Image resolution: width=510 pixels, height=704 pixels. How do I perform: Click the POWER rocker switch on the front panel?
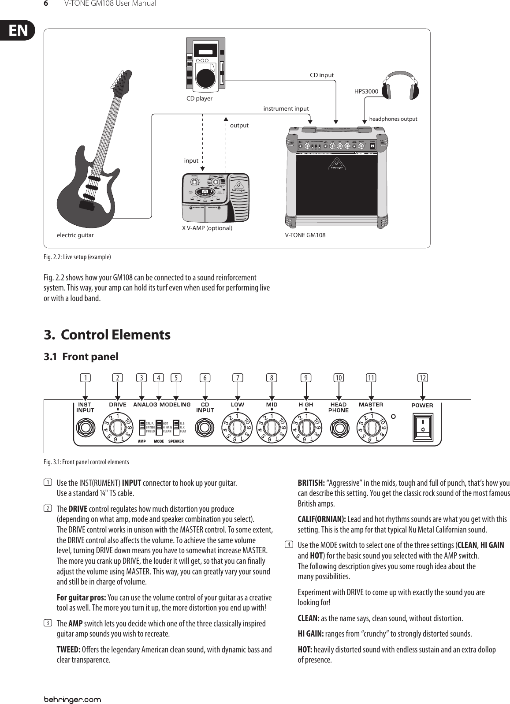pyautogui.click(x=422, y=426)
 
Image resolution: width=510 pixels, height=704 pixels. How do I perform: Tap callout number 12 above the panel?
pyautogui.click(x=423, y=377)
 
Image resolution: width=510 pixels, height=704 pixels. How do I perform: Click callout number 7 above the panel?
pyautogui.click(x=238, y=377)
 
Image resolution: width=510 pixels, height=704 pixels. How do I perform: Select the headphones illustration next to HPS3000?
pyautogui.click(x=400, y=86)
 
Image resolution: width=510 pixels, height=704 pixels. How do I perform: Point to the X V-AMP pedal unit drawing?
pyautogui.click(x=216, y=198)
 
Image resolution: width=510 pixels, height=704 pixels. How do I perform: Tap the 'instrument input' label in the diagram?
pyautogui.click(x=286, y=108)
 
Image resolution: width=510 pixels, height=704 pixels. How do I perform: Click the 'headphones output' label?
pyautogui.click(x=393, y=119)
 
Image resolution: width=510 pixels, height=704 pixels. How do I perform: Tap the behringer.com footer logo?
pyautogui.click(x=72, y=687)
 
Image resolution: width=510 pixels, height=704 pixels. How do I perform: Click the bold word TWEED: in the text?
pyautogui.click(x=68, y=650)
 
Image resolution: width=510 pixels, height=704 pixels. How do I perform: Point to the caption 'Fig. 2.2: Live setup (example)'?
pyautogui.click(x=77, y=257)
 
